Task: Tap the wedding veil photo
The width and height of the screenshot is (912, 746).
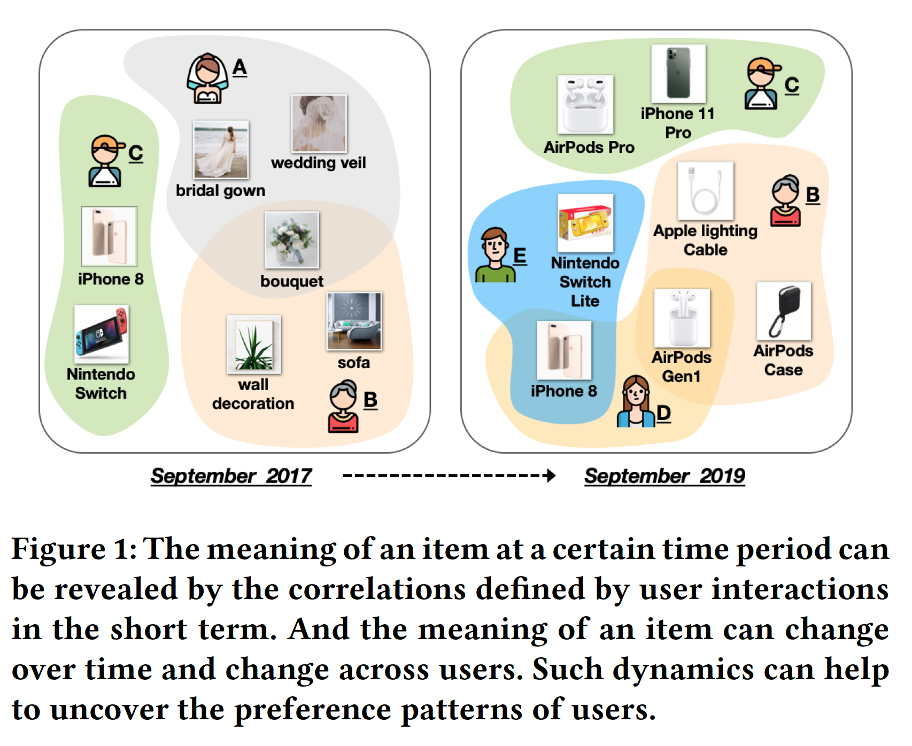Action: [319, 123]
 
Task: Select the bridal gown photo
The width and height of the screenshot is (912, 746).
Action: [221, 150]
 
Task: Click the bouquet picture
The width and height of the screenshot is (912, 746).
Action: [291, 240]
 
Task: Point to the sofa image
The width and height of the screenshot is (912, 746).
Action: [354, 321]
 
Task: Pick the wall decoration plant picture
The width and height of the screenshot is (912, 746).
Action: [253, 344]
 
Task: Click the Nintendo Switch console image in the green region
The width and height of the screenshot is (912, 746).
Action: [102, 335]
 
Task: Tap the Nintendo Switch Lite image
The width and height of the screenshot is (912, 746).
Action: [585, 223]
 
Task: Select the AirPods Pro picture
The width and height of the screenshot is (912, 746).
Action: [585, 104]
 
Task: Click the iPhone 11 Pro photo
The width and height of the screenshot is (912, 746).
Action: [678, 74]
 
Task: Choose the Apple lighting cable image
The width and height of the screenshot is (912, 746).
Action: [705, 191]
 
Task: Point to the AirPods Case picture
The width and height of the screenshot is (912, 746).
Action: [784, 311]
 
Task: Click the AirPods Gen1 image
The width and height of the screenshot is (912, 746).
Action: [682, 318]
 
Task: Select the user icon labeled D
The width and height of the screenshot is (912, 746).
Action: [636, 402]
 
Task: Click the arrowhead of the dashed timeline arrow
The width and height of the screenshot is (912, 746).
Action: [551, 476]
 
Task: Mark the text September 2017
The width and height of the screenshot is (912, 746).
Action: [231, 476]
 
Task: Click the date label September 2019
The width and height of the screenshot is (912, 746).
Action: [664, 476]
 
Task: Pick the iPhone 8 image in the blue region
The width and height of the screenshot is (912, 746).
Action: [564, 351]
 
